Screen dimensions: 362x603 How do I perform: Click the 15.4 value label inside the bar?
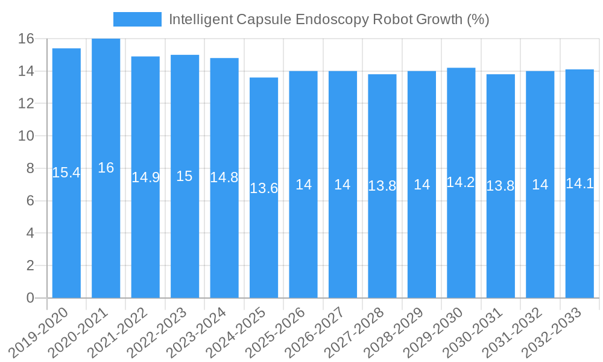coord(66,173)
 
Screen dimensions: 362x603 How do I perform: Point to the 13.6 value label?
coord(264,188)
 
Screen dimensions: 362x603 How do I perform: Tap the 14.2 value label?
coord(461,183)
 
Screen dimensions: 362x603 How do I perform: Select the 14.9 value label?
coord(145,177)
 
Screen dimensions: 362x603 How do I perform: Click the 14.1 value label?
coord(579,183)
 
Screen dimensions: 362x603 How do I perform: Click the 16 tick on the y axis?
coord(26,39)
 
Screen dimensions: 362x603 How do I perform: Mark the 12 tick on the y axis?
coord(26,104)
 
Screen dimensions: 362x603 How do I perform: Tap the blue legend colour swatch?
coord(137,19)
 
